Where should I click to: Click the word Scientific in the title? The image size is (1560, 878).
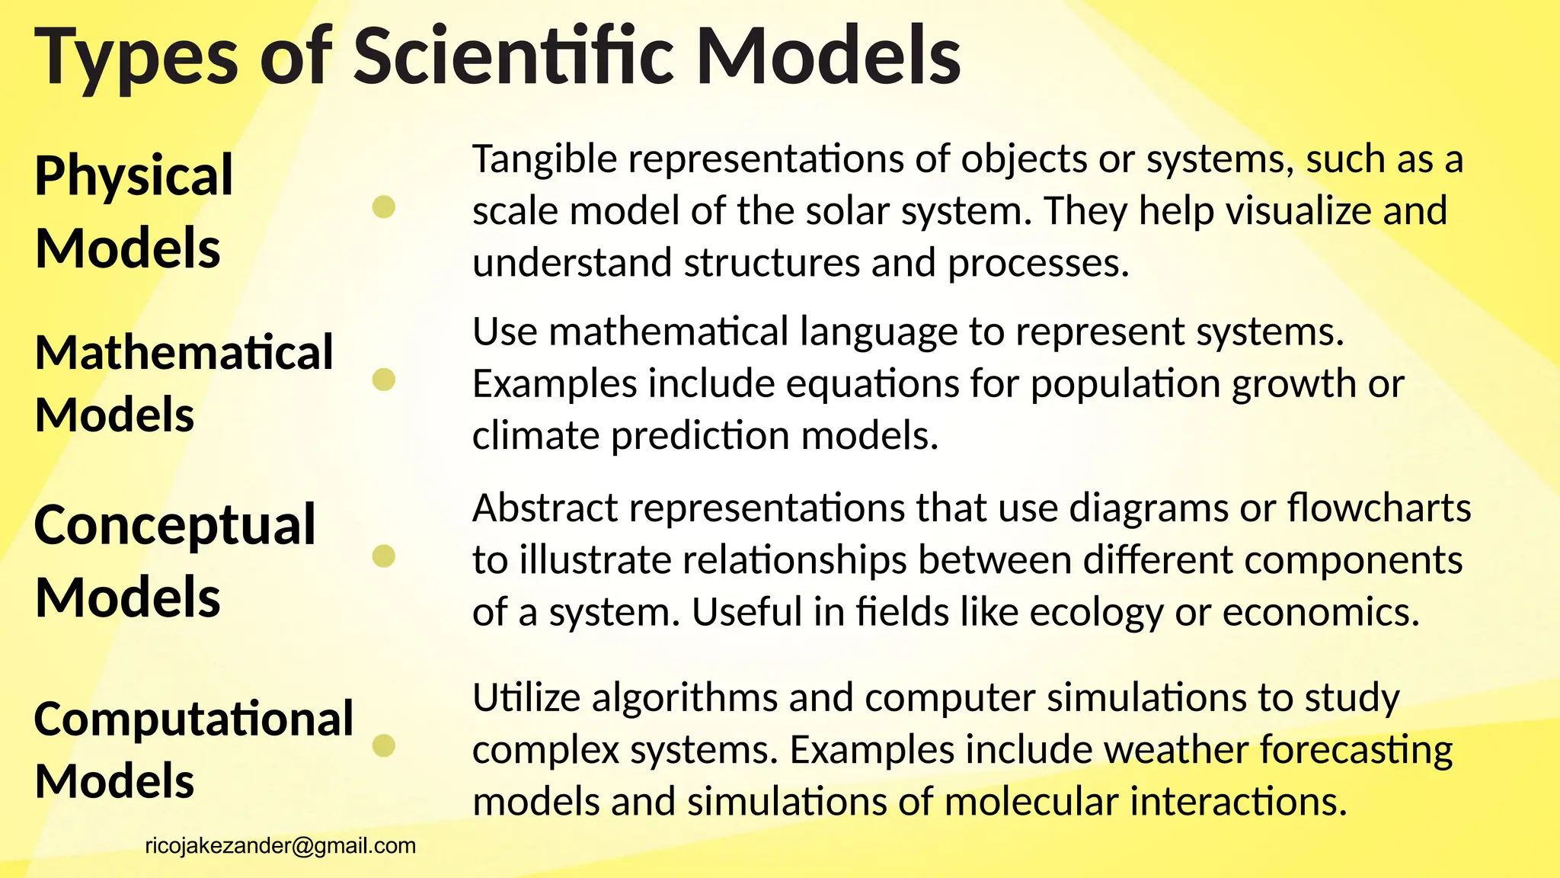click(x=513, y=56)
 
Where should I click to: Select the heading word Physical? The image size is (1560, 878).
click(x=134, y=177)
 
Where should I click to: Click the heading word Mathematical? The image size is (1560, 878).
click(x=184, y=353)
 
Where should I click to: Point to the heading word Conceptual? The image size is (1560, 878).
click(x=175, y=526)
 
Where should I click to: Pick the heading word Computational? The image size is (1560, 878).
click(x=194, y=719)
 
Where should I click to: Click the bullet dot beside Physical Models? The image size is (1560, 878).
click(x=384, y=207)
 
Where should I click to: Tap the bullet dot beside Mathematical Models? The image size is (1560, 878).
click(x=384, y=380)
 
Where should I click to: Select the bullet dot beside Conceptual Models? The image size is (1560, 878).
click(x=384, y=557)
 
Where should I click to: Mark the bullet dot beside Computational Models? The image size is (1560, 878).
click(x=384, y=745)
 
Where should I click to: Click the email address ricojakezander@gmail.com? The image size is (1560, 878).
click(x=280, y=846)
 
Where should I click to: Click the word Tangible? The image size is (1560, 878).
click(x=545, y=160)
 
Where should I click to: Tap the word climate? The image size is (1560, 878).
click(x=536, y=436)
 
